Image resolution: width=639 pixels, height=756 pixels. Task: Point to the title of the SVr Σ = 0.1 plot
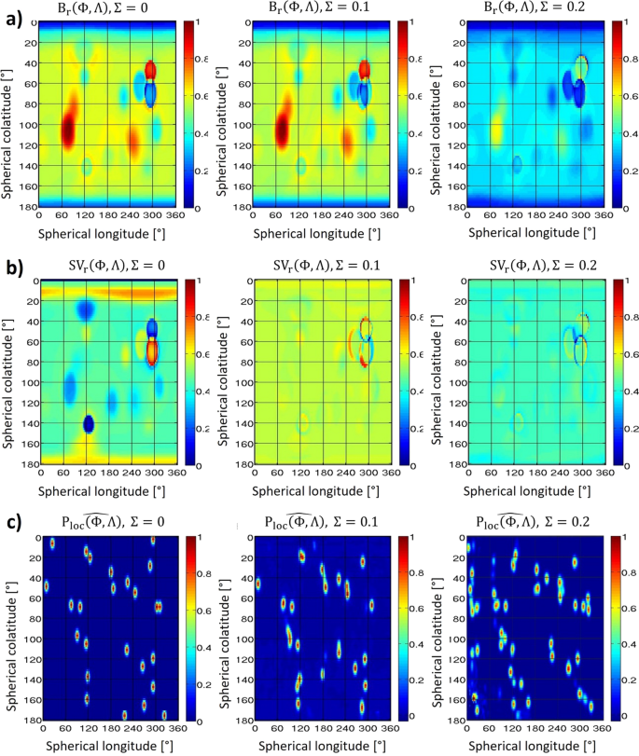click(304, 267)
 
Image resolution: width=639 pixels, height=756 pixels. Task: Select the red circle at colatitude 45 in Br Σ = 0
click(151, 70)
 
